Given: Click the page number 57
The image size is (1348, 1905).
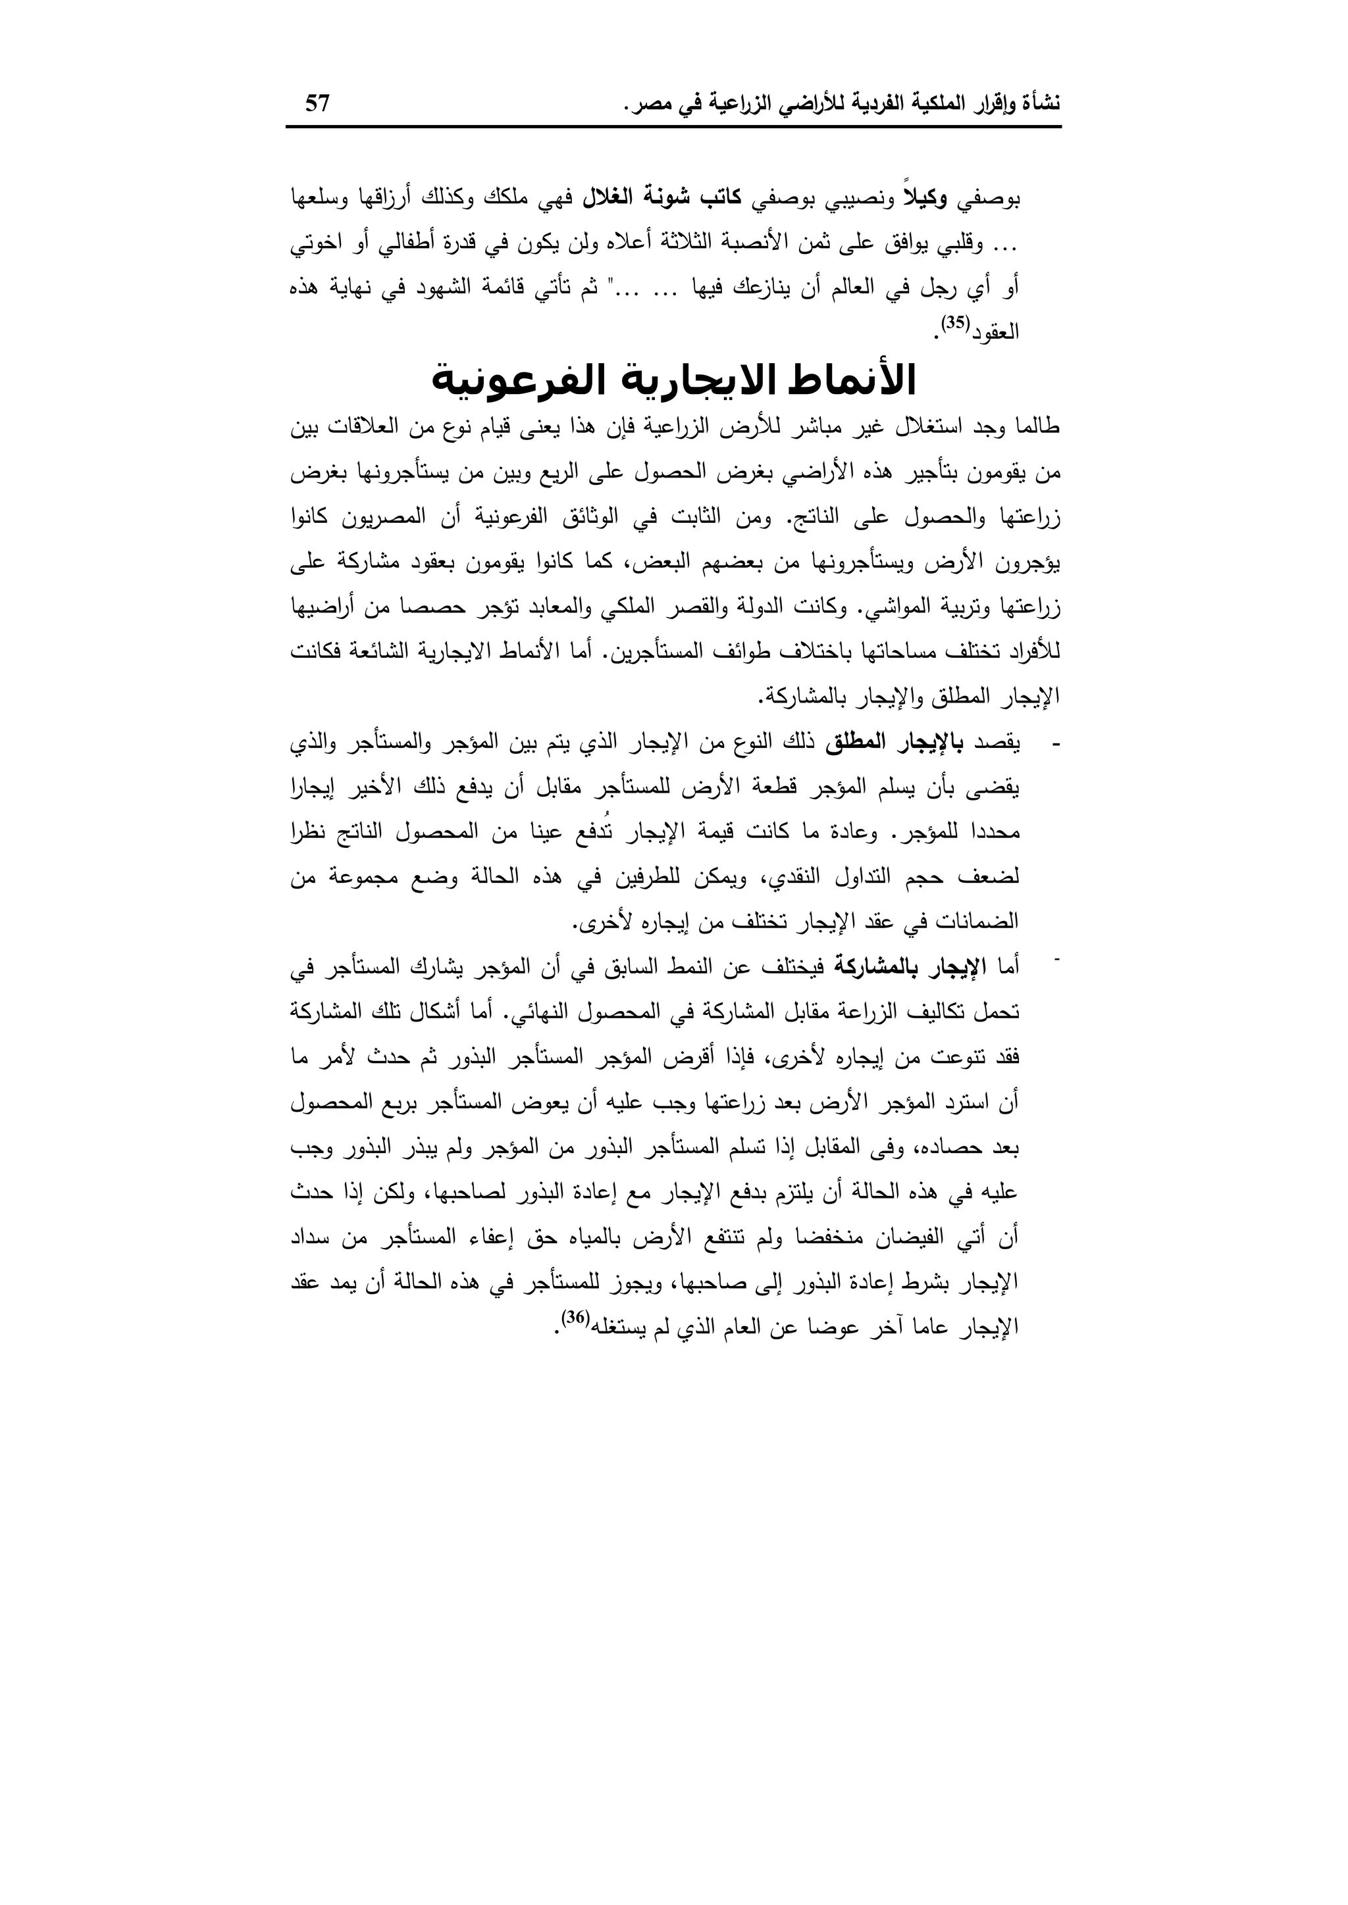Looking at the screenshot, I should pos(318,104).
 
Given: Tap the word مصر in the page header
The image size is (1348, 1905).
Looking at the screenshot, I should pos(648,105).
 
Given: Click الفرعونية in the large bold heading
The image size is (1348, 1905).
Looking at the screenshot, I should pos(528,381).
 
